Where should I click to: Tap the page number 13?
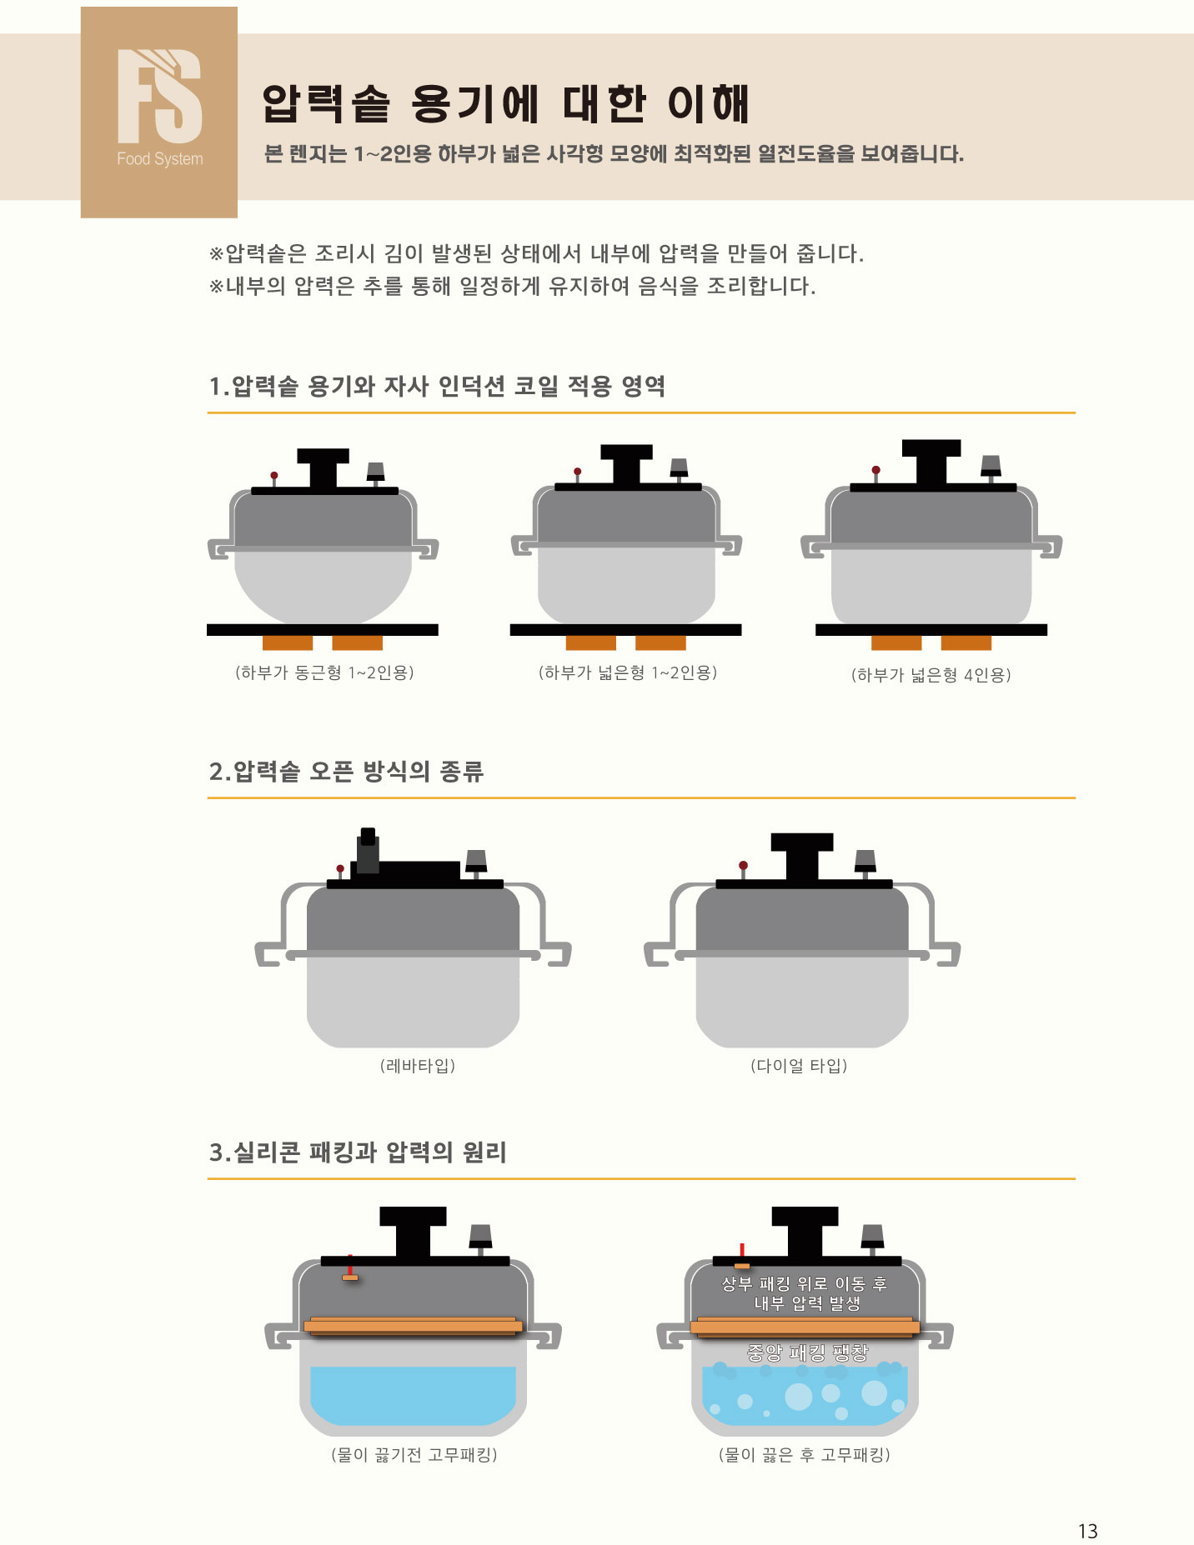pos(1087,1531)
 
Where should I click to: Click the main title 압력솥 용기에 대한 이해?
pos(506,103)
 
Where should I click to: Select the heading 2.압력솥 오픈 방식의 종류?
pos(346,772)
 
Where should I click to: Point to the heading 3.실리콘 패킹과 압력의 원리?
pos(358,1152)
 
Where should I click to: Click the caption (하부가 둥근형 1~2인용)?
pos(324,672)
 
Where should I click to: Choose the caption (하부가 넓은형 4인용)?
pos(931,675)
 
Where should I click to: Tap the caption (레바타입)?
pos(418,1066)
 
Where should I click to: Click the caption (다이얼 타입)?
pos(799,1066)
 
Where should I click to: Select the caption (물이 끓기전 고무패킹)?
pos(414,1455)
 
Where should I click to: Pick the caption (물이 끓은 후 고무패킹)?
pos(805,1455)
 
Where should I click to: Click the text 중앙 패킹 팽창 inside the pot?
pos(807,1352)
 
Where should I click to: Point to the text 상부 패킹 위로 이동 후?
pos(804,1284)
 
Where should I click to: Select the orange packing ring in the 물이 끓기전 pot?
pos(413,1326)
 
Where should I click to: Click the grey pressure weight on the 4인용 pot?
pos(991,465)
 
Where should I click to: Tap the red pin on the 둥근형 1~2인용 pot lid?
pos(274,476)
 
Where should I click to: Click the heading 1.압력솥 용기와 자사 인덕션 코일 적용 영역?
pos(437,387)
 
